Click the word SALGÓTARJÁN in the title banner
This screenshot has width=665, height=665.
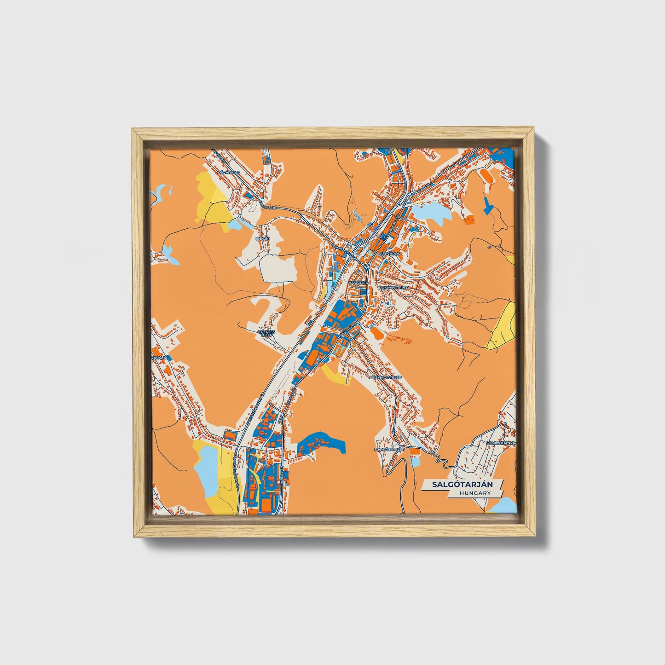click(x=462, y=485)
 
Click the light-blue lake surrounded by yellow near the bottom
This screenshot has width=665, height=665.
click(x=204, y=470)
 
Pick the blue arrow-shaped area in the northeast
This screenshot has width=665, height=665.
click(x=488, y=205)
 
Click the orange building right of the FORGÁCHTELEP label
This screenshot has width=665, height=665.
click(x=415, y=452)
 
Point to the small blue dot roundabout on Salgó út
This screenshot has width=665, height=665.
click(x=412, y=194)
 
